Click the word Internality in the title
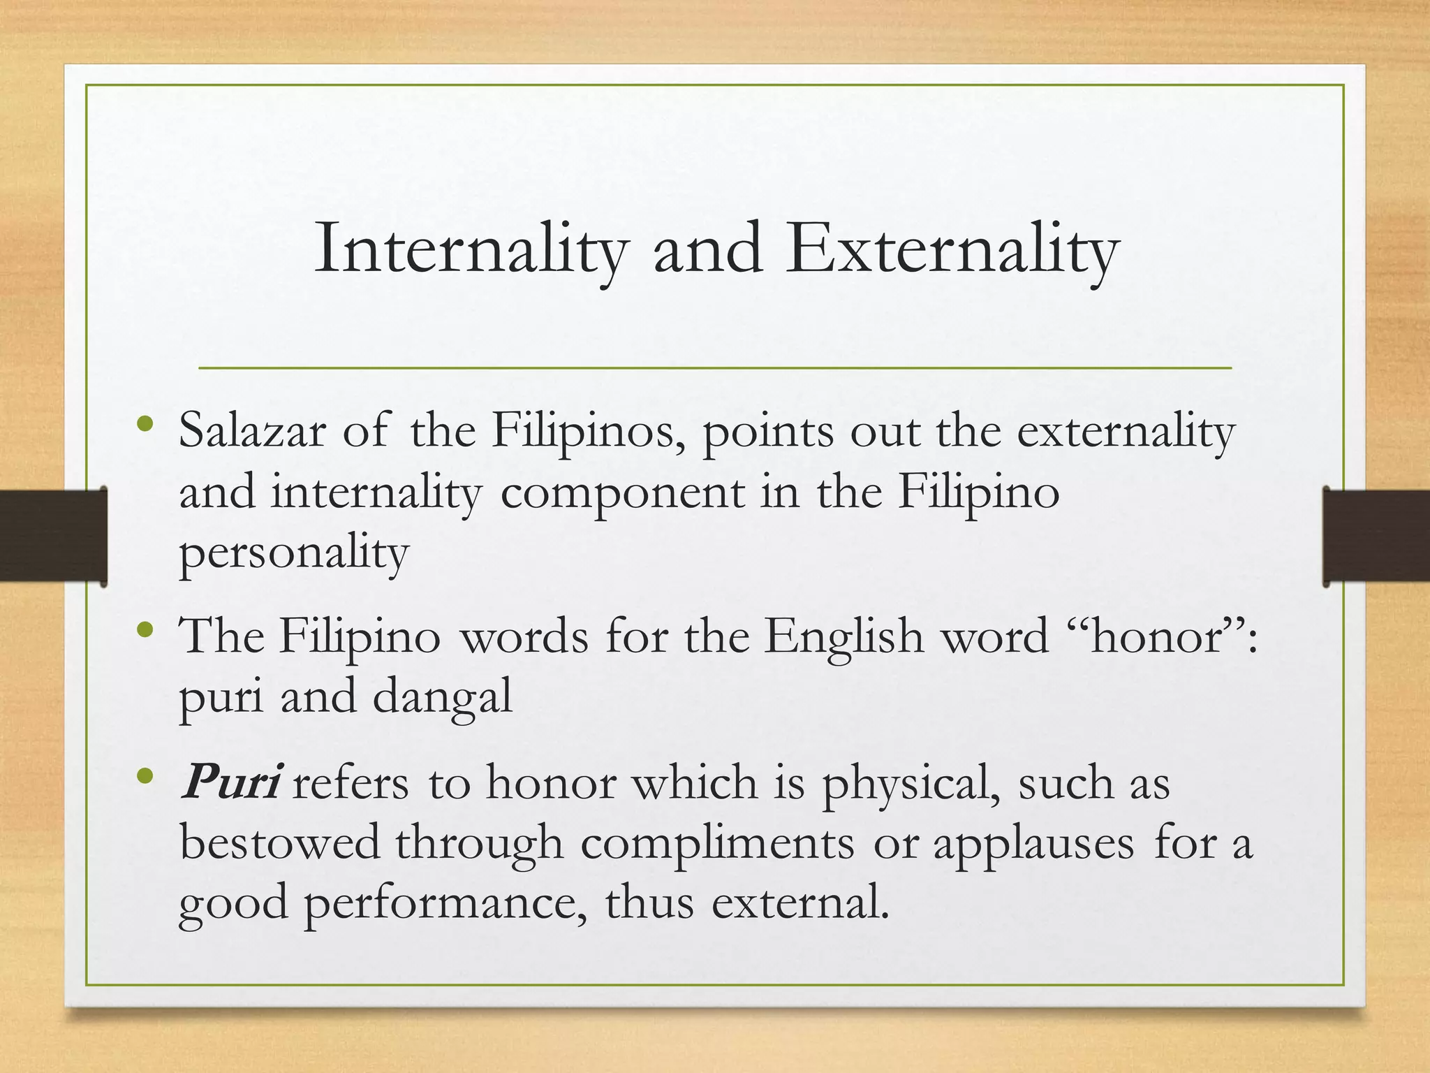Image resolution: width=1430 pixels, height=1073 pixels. (x=471, y=249)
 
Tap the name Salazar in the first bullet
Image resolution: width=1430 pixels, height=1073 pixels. (x=252, y=431)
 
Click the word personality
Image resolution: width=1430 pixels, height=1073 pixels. (x=293, y=553)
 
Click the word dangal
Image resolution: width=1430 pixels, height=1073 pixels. (x=443, y=697)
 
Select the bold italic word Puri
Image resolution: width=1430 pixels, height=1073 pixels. (x=230, y=782)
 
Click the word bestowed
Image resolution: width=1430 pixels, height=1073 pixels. (x=279, y=842)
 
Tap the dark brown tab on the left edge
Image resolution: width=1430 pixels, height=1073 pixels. (x=53, y=536)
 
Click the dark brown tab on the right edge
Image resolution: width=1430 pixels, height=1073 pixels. (x=1376, y=536)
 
